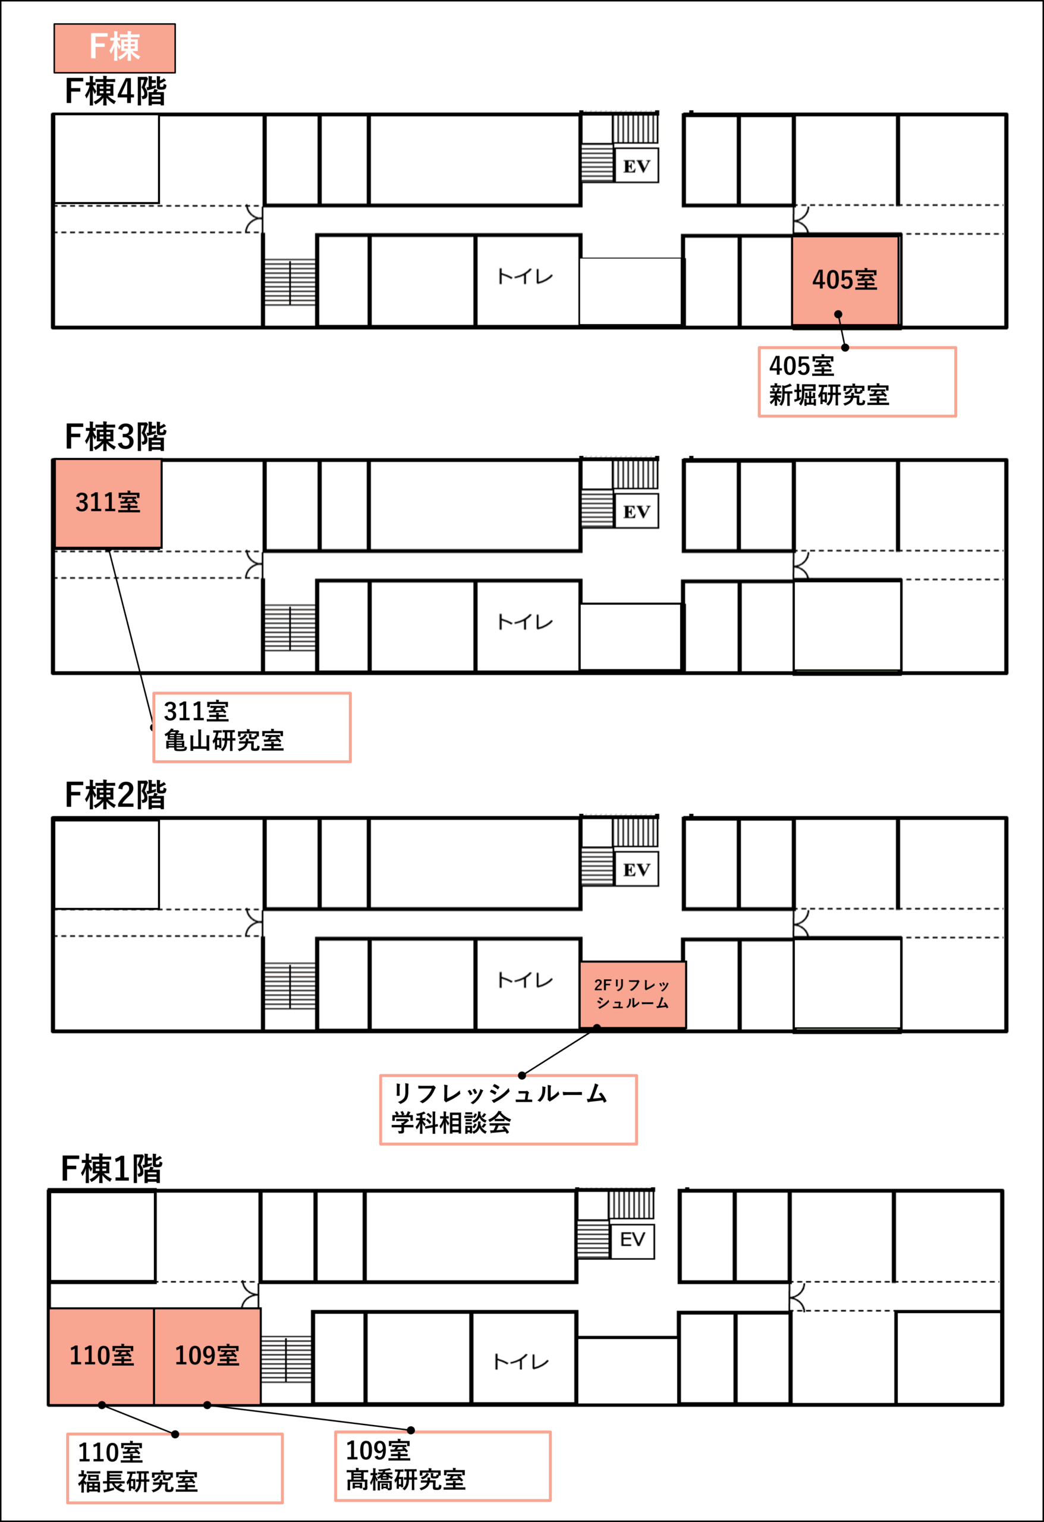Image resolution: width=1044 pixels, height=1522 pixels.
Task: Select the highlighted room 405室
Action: [845, 280]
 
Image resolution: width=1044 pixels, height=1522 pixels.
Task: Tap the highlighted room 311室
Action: [108, 503]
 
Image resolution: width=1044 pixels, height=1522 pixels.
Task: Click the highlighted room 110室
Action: [102, 1356]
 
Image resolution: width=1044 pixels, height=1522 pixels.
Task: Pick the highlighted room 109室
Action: [207, 1356]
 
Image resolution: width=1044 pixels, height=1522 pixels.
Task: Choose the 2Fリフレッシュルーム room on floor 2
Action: [633, 994]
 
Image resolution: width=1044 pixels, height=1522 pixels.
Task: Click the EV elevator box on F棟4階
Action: [637, 166]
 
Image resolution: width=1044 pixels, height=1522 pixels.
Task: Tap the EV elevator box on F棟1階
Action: [633, 1239]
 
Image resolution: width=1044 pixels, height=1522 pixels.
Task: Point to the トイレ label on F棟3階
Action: [526, 621]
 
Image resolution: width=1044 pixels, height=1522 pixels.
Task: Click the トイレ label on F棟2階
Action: [526, 980]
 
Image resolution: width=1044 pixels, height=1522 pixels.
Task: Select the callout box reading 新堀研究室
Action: [857, 382]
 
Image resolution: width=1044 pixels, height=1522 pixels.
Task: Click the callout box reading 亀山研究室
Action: [252, 728]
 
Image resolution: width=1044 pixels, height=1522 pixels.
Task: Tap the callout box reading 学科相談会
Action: [508, 1110]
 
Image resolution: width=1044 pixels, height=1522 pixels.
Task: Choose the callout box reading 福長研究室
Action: [175, 1469]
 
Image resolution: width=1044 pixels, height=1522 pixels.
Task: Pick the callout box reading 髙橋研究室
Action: [443, 1466]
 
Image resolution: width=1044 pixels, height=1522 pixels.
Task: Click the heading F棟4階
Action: [115, 91]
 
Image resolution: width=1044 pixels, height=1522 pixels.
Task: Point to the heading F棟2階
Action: [115, 795]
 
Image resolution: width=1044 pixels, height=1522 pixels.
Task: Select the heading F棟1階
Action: [111, 1169]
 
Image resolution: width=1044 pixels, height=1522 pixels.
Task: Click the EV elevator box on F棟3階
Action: [637, 511]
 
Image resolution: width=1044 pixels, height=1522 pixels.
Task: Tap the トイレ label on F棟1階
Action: [521, 1362]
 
